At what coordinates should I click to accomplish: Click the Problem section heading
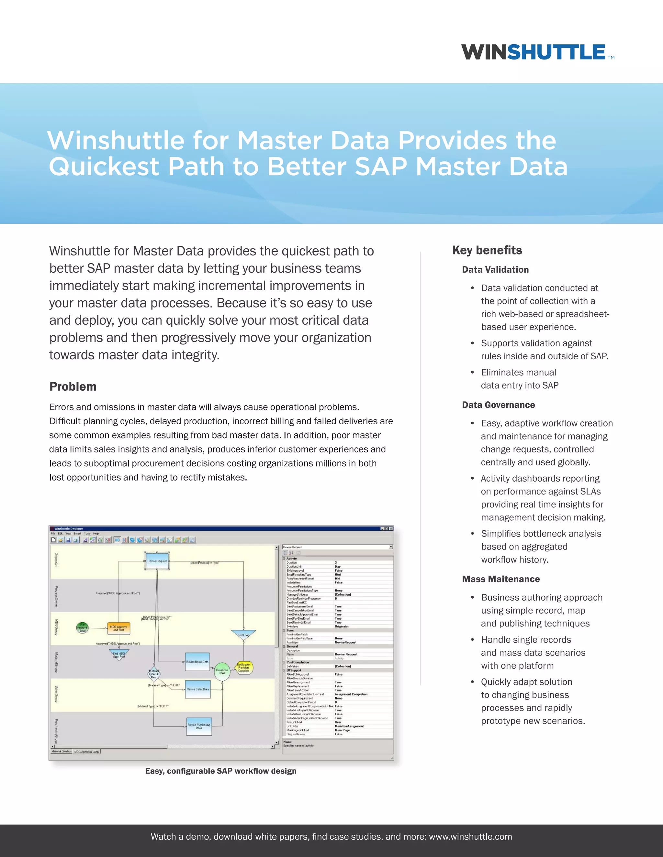[x=73, y=386]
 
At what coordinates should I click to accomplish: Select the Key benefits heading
[x=487, y=250]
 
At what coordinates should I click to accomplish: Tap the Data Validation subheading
[x=495, y=270]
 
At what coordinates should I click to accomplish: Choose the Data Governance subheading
[x=499, y=405]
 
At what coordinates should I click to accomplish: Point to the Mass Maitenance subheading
[x=501, y=579]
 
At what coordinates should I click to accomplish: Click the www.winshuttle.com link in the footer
[x=470, y=837]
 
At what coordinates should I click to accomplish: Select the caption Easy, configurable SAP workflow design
[x=221, y=771]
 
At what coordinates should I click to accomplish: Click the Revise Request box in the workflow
[x=157, y=561]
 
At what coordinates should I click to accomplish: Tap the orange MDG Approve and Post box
[x=118, y=628]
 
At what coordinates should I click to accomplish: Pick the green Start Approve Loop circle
[x=82, y=628]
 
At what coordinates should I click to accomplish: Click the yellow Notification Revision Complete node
[x=244, y=667]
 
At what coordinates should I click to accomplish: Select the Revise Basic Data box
[x=197, y=662]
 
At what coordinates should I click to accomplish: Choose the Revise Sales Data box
[x=197, y=689]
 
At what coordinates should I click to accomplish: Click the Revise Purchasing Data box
[x=199, y=726]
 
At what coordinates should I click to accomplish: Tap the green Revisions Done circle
[x=222, y=671]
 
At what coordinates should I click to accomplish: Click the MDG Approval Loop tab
[x=86, y=752]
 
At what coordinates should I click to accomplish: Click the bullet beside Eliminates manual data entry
[x=473, y=372]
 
